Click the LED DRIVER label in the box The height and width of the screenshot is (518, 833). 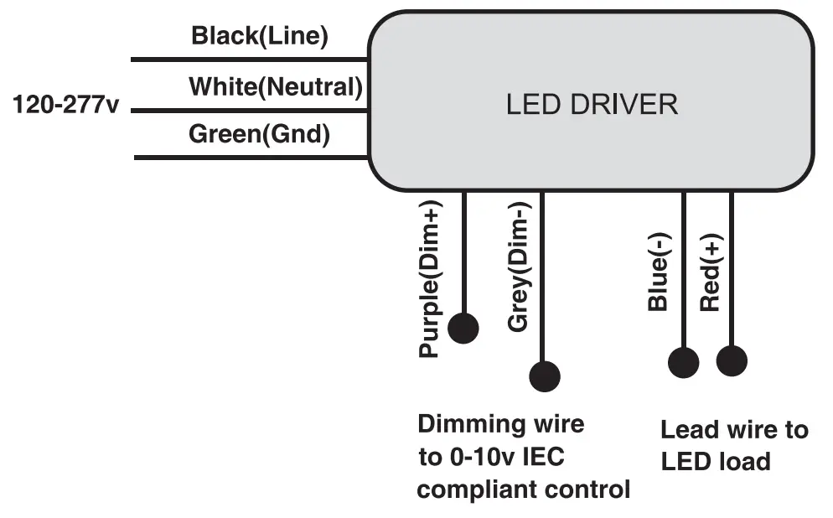click(592, 105)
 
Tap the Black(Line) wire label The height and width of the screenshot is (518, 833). click(260, 36)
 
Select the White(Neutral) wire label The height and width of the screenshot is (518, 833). click(276, 86)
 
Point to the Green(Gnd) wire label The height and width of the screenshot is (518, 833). click(259, 134)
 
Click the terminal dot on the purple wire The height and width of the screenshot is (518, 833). click(463, 328)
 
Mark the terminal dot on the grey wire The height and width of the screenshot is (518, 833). click(545, 376)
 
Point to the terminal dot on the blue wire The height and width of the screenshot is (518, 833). click(683, 362)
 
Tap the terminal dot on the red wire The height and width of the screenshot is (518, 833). click(732, 361)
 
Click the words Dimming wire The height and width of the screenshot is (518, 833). click(500, 423)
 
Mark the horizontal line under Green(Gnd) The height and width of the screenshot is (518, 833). click(251, 158)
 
